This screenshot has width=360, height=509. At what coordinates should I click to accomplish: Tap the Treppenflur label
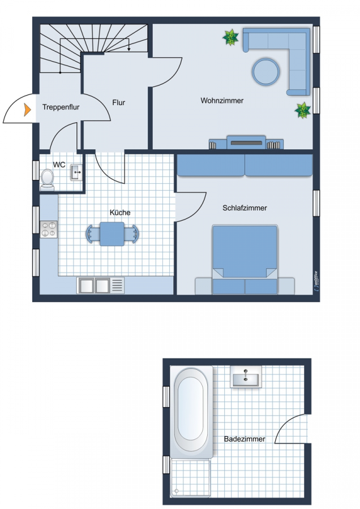61,107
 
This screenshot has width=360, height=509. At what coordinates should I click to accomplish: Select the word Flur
119,102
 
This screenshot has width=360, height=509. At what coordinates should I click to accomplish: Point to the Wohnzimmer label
222,101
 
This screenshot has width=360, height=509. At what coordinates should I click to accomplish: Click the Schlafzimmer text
245,208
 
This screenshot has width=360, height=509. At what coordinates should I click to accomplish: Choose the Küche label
120,213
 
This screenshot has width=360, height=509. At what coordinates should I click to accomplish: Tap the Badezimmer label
245,439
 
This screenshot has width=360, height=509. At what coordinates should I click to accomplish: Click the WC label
59,165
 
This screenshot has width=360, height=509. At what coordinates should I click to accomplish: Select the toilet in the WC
47,180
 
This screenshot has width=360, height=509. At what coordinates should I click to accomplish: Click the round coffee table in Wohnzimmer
266,72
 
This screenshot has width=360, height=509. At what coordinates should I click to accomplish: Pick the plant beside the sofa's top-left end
231,37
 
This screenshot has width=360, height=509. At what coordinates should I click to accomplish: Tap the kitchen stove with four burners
49,229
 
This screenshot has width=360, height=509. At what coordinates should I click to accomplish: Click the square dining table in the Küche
112,234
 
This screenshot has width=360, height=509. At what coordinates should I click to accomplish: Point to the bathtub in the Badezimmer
191,412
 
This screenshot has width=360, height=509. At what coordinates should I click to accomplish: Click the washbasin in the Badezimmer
246,377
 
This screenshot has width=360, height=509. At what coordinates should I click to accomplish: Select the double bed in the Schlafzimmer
245,260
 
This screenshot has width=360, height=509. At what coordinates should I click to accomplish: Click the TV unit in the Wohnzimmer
246,142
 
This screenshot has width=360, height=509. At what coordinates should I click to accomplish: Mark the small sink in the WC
76,172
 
